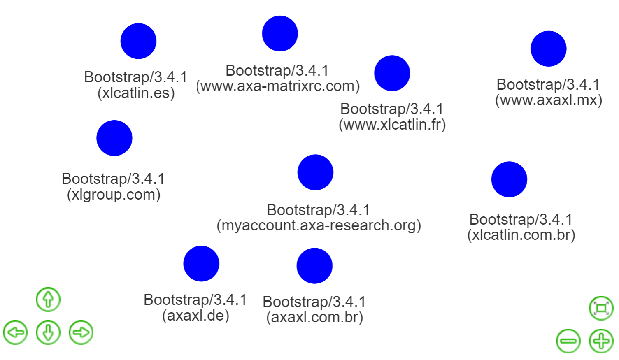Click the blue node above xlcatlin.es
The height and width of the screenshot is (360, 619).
(x=138, y=41)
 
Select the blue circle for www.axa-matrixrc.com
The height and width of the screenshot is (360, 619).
(x=280, y=34)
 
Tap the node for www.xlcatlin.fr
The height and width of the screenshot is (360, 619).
(x=392, y=73)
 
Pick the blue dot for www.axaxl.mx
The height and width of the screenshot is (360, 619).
(x=549, y=49)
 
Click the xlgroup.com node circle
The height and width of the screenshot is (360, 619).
(x=114, y=138)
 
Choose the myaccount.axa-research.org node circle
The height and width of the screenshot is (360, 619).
(x=315, y=172)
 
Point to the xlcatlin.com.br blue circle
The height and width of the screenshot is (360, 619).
(x=509, y=179)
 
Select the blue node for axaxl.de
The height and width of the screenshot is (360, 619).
(x=201, y=264)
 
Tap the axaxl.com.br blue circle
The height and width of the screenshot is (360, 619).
(x=314, y=266)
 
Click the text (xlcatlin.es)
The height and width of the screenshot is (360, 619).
(x=136, y=93)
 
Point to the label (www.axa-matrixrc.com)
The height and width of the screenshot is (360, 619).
(x=279, y=86)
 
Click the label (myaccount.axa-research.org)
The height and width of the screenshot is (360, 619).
(x=319, y=225)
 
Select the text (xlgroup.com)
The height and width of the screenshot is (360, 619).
(x=114, y=194)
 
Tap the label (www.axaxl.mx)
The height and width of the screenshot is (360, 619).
(x=549, y=100)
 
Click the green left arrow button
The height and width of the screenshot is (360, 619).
(x=15, y=332)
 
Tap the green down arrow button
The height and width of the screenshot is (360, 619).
(x=48, y=332)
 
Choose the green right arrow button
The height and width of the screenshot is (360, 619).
(x=81, y=332)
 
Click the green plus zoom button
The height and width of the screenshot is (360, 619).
(x=601, y=341)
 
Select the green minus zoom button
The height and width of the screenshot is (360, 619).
(x=568, y=341)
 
